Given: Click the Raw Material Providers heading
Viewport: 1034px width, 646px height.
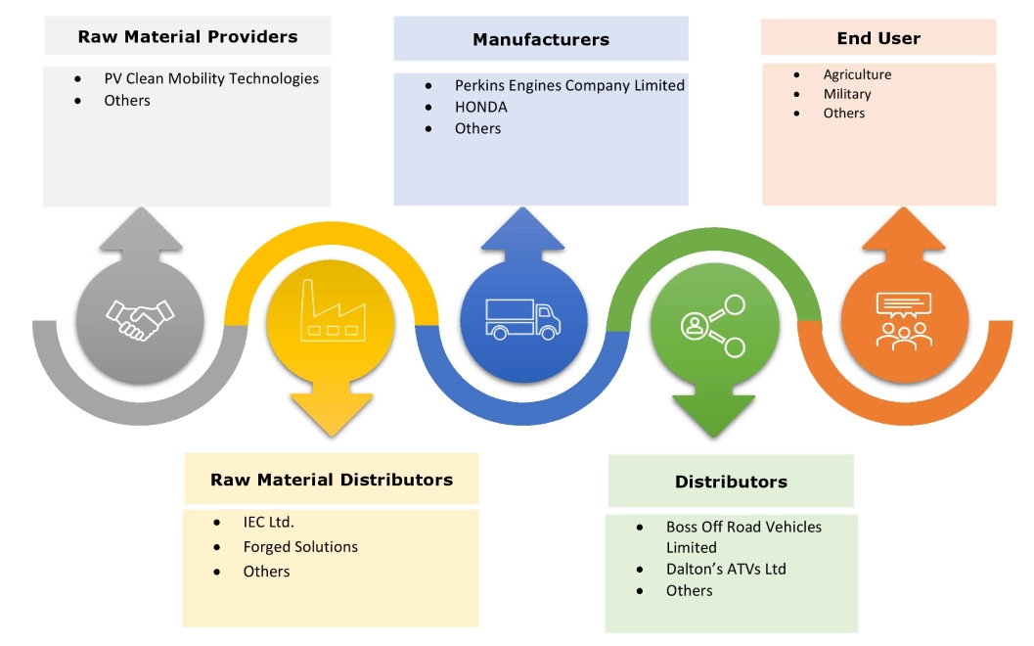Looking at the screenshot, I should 187,37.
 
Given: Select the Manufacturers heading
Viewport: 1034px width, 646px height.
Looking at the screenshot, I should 540,39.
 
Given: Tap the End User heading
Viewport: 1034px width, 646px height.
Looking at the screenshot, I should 878,38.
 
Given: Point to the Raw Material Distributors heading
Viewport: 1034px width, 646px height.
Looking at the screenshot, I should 332,480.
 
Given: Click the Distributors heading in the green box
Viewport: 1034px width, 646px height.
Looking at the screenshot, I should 731,482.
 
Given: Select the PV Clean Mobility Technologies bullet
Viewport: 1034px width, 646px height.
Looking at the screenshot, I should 211,78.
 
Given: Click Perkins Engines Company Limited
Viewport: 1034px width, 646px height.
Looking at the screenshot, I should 569,85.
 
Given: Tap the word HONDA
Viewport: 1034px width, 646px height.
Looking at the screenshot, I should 481,107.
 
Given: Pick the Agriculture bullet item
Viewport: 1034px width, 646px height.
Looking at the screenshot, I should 857,74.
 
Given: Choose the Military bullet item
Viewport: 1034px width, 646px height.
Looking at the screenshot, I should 847,94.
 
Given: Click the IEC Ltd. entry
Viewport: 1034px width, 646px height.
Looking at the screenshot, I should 269,522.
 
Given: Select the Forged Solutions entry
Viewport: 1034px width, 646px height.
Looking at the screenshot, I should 300,547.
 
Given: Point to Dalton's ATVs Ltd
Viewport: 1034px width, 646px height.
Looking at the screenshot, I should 726,569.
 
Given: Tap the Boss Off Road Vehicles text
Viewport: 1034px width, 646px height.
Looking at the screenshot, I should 743,527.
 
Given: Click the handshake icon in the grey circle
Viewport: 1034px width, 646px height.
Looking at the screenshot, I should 140,318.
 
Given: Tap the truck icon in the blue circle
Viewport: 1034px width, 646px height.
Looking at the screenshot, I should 524,319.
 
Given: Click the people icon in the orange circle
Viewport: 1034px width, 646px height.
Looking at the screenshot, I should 904,319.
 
